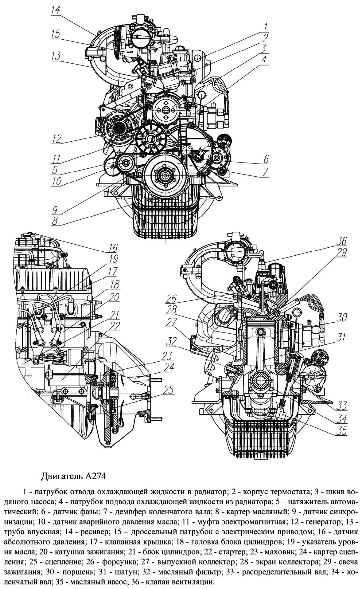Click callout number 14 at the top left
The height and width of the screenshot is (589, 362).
[56, 10]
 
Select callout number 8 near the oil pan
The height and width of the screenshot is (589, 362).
[55, 221]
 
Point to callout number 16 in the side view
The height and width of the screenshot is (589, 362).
[113, 247]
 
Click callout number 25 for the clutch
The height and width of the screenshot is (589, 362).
[169, 390]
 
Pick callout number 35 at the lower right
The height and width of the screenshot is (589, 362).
[341, 431]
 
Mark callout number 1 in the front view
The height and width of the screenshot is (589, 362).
[265, 27]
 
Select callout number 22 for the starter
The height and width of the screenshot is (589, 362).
[114, 326]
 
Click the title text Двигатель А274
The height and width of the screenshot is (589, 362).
[73, 477]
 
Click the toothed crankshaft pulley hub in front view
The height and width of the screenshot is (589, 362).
[165, 175]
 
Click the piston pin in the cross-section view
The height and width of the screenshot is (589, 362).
[260, 332]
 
